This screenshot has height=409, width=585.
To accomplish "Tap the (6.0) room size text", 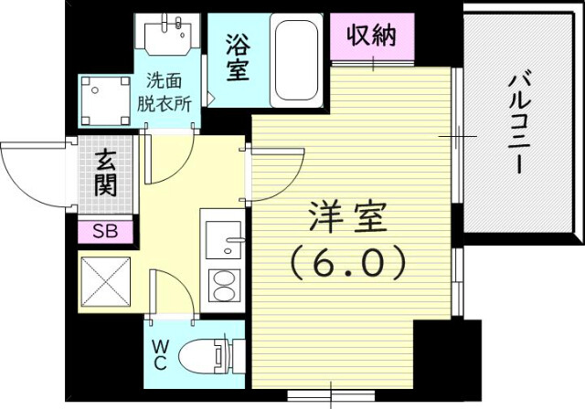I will tap(348, 265).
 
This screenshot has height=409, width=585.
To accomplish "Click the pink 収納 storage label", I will tap(371, 37).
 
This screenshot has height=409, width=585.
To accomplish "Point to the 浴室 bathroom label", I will tap(238, 57).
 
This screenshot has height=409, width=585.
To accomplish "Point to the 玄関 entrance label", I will tap(104, 174).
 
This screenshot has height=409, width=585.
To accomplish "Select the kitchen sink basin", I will tap(222, 242).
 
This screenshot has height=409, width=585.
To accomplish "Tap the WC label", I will tap(160, 353).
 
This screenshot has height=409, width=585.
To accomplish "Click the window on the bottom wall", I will tap(331, 395).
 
